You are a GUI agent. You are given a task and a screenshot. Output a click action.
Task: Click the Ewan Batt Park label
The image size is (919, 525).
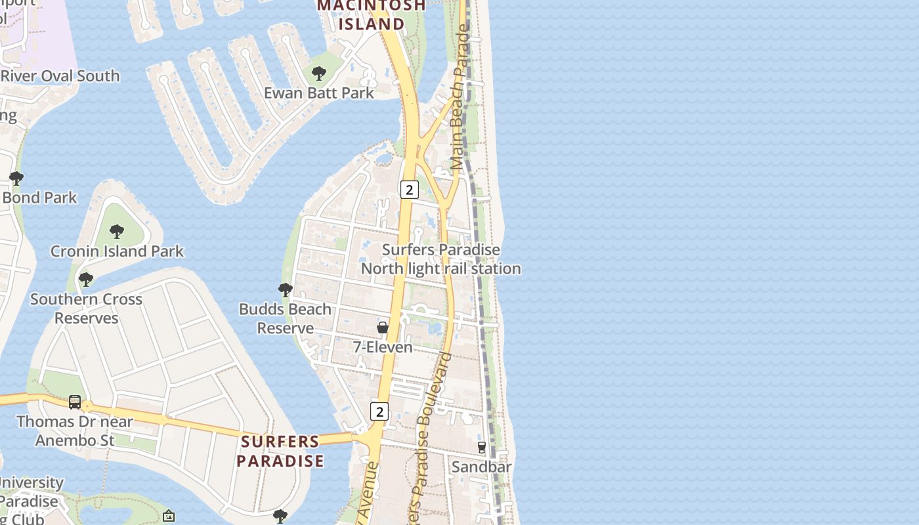319,93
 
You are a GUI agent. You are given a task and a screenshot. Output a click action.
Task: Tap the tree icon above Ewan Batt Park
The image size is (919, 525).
319,73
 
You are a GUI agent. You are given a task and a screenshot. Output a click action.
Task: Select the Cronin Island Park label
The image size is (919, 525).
118,251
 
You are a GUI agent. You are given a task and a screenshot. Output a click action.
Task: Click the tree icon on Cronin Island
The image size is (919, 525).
117,231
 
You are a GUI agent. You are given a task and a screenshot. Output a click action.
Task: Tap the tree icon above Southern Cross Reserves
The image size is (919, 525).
86,280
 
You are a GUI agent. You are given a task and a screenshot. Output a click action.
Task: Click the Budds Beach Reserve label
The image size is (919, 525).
285,318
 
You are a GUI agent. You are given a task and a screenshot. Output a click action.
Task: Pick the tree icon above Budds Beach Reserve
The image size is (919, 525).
285,289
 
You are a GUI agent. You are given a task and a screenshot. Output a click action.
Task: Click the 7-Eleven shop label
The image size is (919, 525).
383,347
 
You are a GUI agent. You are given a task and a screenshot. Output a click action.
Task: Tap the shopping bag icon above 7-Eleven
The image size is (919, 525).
383,327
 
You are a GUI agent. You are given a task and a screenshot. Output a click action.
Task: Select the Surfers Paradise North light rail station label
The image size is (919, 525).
441,259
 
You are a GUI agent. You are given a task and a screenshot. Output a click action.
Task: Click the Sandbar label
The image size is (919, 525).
481,467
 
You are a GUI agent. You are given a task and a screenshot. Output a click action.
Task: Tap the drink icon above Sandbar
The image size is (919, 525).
482,448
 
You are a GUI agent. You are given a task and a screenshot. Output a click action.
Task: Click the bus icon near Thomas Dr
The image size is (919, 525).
75,402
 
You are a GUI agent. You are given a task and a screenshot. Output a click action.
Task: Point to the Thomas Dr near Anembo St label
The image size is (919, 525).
75,430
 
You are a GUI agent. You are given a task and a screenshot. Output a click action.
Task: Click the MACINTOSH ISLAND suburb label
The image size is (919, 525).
372,15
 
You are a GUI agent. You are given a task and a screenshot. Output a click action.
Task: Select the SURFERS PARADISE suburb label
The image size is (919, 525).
280,451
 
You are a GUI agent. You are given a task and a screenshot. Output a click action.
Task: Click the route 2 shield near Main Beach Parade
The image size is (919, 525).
409,190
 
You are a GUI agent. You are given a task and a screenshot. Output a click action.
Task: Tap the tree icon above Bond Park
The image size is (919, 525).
16,178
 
